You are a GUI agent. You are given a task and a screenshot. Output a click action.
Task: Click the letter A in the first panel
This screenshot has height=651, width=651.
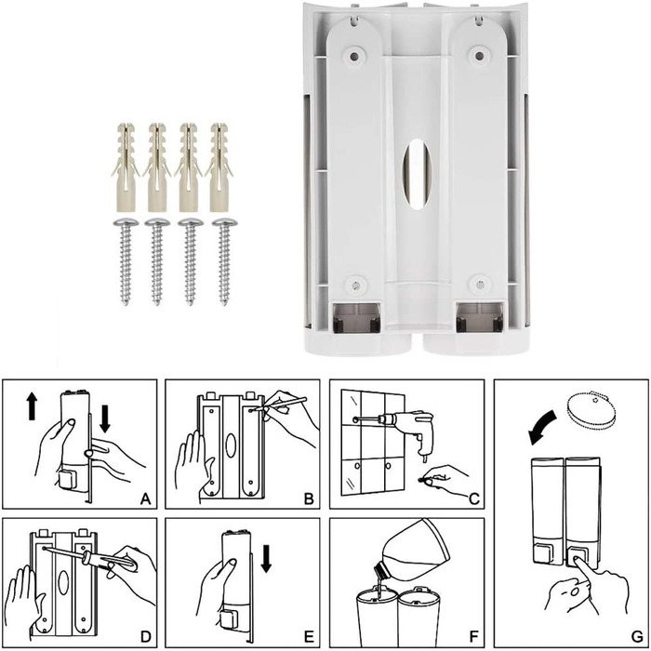[145, 498]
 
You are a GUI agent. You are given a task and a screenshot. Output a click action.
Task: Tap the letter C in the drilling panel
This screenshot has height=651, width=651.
[474, 498]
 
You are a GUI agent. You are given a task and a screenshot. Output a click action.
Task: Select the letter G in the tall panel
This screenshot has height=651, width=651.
[637, 636]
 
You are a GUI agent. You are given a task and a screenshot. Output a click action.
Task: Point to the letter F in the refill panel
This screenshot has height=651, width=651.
[473, 636]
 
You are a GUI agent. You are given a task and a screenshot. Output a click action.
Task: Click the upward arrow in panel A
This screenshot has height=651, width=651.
[32, 406]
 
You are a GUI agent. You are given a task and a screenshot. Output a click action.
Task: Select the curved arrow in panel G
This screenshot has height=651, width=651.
[542, 426]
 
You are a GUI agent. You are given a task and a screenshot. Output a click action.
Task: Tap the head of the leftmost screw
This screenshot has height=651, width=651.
[126, 222]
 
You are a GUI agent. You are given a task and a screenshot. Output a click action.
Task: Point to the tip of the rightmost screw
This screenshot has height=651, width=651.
[224, 304]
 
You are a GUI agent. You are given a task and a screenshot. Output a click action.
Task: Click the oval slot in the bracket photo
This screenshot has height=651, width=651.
[418, 175]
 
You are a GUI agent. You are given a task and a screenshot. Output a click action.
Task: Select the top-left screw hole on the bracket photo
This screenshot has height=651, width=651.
[353, 56]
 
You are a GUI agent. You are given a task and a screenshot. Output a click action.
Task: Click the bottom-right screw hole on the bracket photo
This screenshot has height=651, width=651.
[480, 285]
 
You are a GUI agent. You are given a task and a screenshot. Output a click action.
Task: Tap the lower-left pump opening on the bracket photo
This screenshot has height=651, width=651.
[355, 318]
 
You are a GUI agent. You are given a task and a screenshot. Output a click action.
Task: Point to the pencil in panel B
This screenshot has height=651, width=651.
[280, 404]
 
